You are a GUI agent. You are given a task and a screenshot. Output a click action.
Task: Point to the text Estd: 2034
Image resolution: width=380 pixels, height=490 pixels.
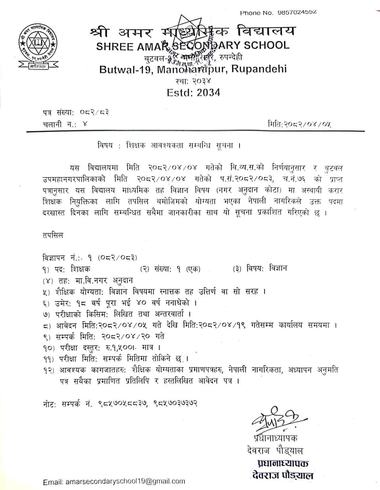click(x=193, y=92)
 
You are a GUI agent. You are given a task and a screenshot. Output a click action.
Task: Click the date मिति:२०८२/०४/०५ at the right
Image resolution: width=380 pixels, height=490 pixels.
click(x=299, y=124)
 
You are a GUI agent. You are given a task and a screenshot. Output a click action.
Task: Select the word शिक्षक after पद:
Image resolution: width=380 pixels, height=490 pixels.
click(x=81, y=269)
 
